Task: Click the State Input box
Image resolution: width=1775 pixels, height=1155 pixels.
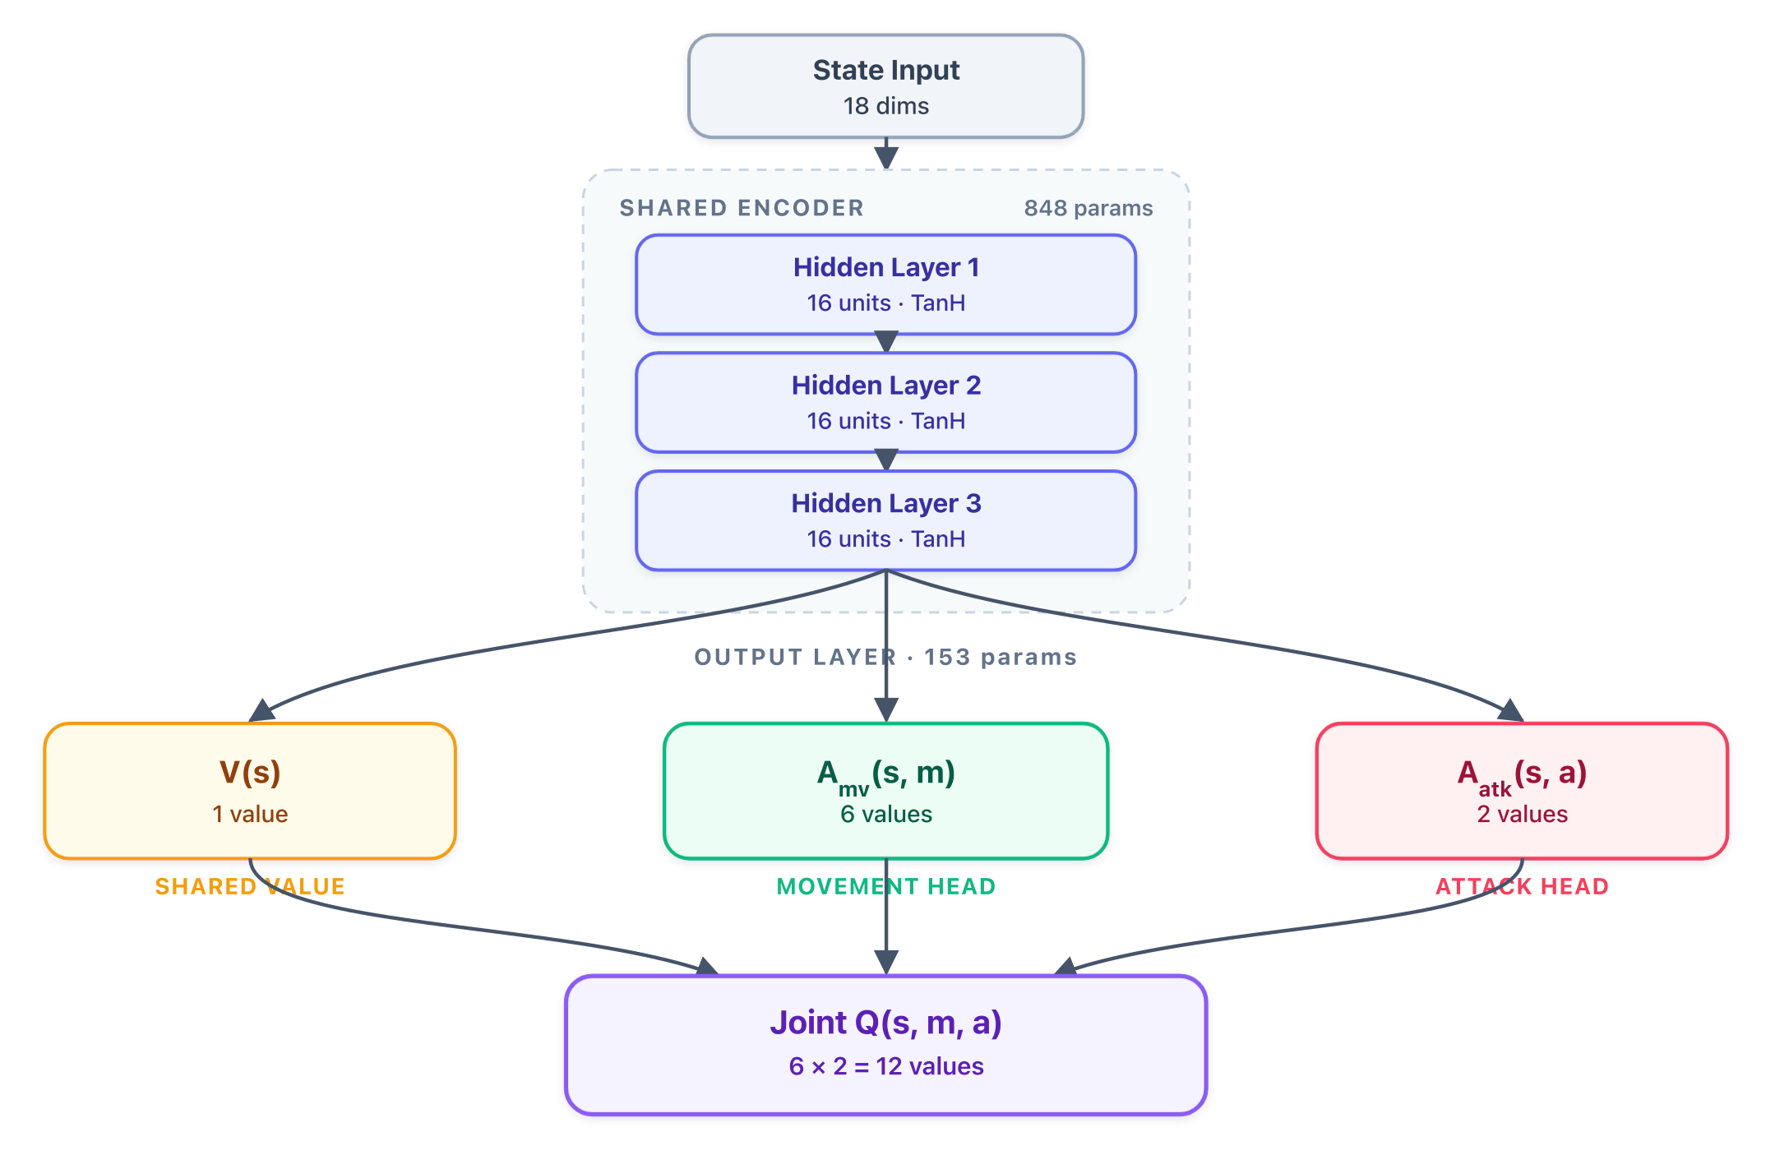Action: click(885, 86)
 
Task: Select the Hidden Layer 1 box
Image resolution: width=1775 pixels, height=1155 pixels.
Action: click(885, 284)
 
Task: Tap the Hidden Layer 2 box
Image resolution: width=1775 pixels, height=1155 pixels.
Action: click(885, 403)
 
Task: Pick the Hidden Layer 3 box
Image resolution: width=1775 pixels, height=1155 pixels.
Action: click(885, 520)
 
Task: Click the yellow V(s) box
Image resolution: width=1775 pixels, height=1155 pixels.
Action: click(250, 791)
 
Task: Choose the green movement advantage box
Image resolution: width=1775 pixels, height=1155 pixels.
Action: click(885, 791)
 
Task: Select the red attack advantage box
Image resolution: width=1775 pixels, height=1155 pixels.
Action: click(1522, 791)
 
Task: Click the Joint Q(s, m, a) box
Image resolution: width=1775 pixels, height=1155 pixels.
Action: click(885, 1045)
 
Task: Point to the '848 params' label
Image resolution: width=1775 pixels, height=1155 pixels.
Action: click(1089, 208)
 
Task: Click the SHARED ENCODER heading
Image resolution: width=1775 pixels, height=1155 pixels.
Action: click(742, 208)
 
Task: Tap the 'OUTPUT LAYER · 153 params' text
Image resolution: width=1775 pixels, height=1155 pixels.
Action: click(885, 657)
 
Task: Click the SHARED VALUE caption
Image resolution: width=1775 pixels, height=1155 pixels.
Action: click(250, 886)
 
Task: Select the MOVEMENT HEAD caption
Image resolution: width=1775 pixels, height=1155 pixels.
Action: click(886, 886)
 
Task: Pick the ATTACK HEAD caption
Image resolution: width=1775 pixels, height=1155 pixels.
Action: click(1522, 886)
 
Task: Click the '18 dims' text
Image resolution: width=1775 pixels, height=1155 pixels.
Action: click(886, 106)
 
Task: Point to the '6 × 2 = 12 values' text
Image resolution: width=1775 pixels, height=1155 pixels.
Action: click(886, 1066)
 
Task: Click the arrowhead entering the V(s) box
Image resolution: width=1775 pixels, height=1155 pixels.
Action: click(261, 711)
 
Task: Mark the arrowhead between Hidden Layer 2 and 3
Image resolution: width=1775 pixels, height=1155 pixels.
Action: click(886, 460)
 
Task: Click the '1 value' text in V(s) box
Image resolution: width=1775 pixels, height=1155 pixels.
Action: click(250, 814)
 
